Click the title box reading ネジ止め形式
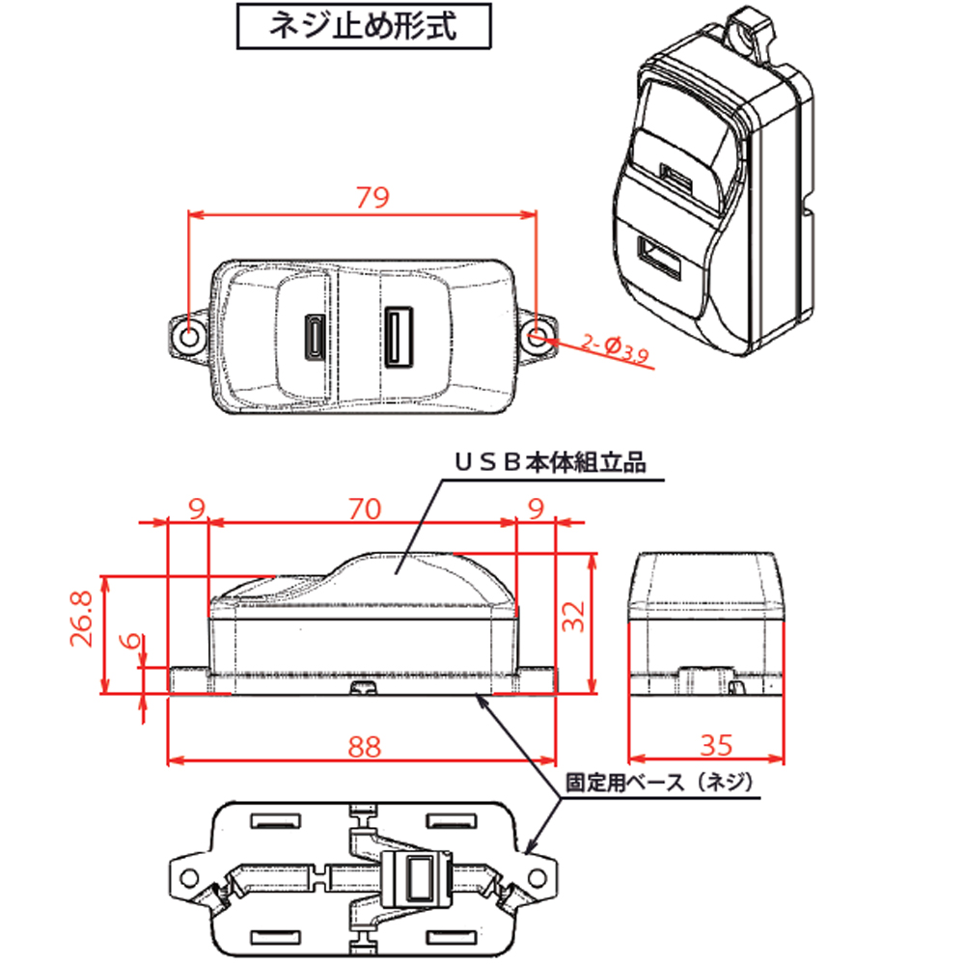(x=364, y=27)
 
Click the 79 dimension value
(x=372, y=198)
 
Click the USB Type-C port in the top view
(x=314, y=337)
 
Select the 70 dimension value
(x=364, y=508)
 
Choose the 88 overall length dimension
(x=364, y=746)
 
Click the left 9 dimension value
(x=196, y=508)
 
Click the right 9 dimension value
(x=537, y=508)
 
